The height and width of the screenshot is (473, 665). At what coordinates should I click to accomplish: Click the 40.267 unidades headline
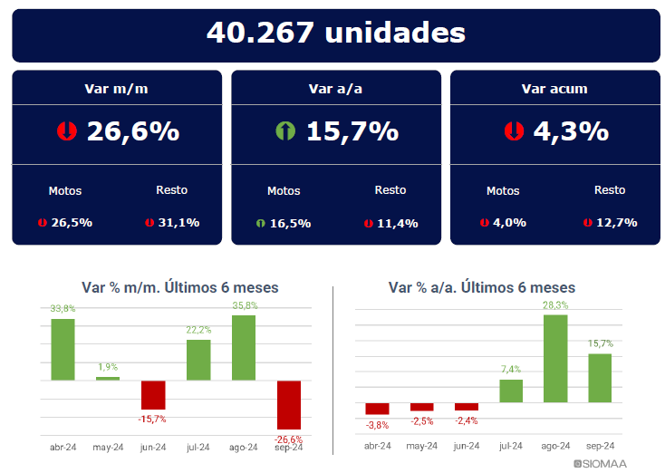click(335, 34)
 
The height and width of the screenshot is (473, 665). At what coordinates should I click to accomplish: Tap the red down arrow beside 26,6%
click(66, 132)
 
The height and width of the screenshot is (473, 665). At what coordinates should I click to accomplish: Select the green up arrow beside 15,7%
click(285, 132)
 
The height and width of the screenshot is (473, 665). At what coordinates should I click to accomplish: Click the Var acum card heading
click(554, 89)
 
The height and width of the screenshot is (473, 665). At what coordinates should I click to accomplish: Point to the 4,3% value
click(570, 132)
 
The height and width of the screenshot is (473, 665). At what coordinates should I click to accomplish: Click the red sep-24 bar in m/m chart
click(289, 404)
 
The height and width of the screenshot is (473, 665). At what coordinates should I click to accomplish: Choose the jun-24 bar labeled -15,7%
click(153, 394)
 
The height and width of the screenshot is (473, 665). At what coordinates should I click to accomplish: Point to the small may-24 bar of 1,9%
click(108, 378)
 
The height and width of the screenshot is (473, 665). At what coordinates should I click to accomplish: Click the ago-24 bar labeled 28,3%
click(555, 358)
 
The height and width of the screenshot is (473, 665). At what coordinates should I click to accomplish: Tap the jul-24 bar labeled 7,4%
click(511, 391)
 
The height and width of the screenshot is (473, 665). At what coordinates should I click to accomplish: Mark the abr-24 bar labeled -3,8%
click(377, 409)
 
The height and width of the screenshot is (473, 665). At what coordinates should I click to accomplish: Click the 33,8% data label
click(63, 309)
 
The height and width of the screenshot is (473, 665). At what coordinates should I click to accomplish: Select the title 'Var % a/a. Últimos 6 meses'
click(481, 287)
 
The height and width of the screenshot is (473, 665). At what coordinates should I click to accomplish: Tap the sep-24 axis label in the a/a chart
click(600, 446)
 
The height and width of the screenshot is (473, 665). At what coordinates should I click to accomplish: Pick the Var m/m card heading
click(116, 89)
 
